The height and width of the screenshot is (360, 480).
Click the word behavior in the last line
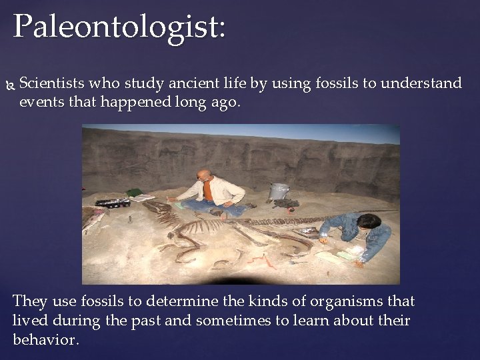(44, 339)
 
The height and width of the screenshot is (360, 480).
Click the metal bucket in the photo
(279, 191)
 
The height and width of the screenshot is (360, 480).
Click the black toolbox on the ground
(112, 202)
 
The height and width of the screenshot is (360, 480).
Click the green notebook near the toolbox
(135, 193)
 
